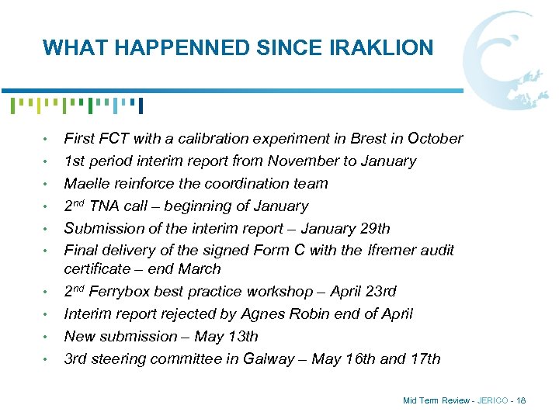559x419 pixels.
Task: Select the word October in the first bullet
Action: pyautogui.click(x=435, y=139)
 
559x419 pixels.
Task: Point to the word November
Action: pyautogui.click(x=302, y=161)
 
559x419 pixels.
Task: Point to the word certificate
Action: pyautogui.click(x=96, y=269)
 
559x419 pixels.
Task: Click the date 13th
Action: pyautogui.click(x=240, y=337)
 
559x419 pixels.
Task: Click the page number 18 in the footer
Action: pyautogui.click(x=520, y=400)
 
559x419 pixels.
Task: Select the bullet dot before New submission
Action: pyautogui.click(x=47, y=337)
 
